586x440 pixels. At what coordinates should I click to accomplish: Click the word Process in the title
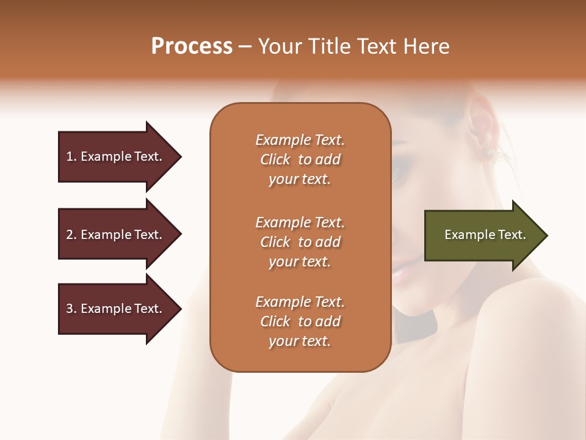click(192, 46)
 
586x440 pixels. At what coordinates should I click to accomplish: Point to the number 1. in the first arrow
click(71, 156)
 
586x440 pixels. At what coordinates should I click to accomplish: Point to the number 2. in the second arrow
click(71, 235)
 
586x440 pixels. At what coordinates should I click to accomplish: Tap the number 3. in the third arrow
click(71, 309)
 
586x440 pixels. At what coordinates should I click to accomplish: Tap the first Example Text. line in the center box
click(300, 140)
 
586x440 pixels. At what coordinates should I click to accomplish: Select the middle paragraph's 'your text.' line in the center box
click(300, 262)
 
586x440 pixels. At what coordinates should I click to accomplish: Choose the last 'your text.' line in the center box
click(300, 341)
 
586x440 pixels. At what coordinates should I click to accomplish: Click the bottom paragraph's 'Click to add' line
click(300, 321)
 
